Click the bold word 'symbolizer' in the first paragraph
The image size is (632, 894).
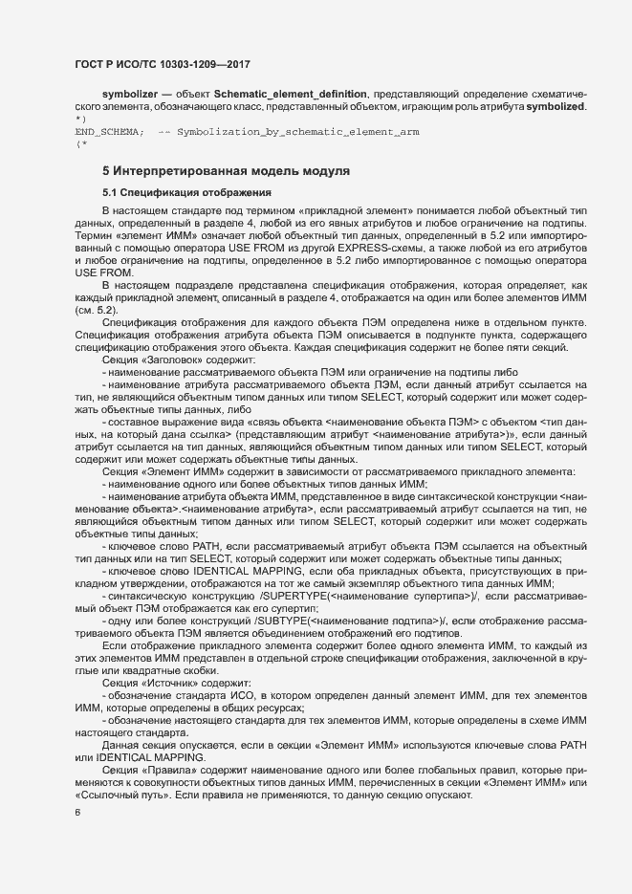131,94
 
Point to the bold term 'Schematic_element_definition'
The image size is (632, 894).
290,94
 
